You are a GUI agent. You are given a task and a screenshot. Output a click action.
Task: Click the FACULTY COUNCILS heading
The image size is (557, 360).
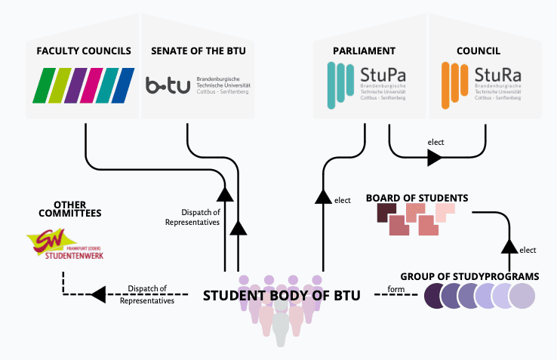pos(83,51)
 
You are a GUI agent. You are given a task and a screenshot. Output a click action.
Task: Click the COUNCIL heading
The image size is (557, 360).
pos(480,51)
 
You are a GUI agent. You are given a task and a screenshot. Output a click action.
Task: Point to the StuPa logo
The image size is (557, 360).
pos(365,84)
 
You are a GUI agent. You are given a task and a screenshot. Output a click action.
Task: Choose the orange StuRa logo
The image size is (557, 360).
pos(483,84)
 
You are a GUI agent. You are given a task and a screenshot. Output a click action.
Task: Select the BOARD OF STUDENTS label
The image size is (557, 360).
pos(417,198)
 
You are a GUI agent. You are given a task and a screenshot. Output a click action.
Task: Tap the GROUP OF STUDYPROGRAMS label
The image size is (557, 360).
pos(469,277)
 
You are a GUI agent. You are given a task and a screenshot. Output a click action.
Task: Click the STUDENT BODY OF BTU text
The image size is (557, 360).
pos(282,296)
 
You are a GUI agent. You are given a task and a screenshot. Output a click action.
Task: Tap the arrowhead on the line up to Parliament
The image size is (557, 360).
pos(323,197)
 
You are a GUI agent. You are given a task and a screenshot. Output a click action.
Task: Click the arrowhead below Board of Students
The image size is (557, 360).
pos(509,245)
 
